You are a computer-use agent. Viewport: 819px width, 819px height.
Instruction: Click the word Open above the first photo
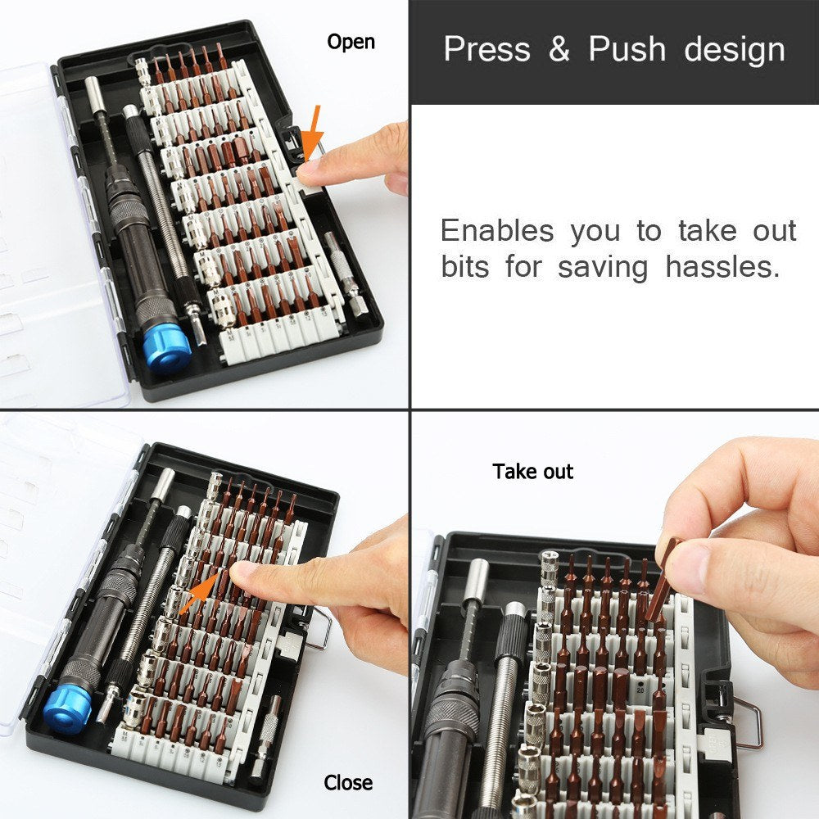click(x=351, y=42)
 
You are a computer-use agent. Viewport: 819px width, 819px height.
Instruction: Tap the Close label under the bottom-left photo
click(x=348, y=783)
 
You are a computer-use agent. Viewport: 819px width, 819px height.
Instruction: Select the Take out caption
click(x=533, y=472)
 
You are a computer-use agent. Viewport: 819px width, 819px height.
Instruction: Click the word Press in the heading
click(x=486, y=49)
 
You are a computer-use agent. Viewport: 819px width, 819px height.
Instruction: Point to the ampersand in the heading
click(x=559, y=50)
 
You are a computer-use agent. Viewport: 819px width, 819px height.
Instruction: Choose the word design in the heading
click(x=735, y=51)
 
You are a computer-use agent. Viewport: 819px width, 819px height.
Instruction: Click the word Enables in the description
click(x=497, y=231)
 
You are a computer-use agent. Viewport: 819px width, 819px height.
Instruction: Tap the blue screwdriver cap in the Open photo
click(x=169, y=351)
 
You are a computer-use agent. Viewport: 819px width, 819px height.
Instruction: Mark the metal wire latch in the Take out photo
click(x=749, y=721)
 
